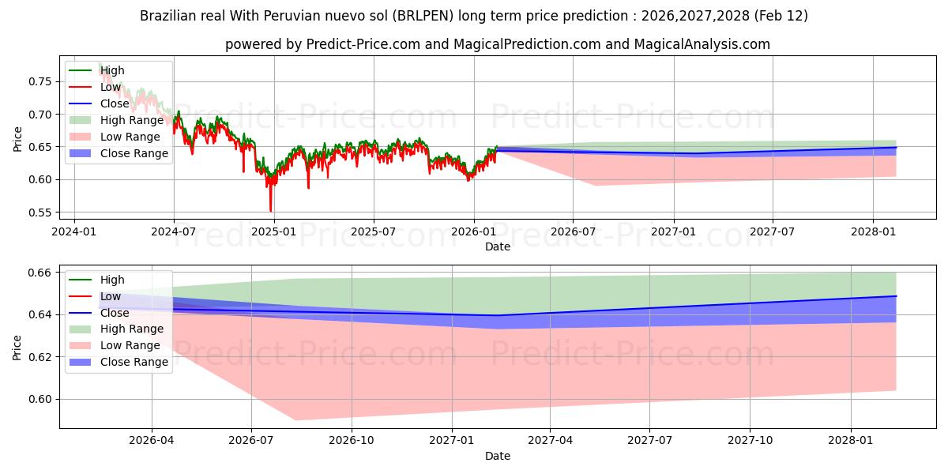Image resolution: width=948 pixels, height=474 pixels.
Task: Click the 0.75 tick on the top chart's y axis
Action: (41, 81)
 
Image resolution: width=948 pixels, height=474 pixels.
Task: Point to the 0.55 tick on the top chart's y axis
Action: (41, 213)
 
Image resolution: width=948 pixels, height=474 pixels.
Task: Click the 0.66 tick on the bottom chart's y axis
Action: (41, 273)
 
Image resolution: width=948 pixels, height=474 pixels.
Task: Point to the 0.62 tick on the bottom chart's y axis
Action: (41, 357)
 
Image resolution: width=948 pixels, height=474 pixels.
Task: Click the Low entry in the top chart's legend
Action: (111, 87)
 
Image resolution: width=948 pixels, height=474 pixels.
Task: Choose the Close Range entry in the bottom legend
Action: (134, 362)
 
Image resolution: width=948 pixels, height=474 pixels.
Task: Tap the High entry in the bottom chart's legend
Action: (112, 280)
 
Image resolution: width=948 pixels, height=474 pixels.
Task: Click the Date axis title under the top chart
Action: (498, 246)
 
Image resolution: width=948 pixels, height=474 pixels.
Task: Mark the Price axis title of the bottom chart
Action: (17, 347)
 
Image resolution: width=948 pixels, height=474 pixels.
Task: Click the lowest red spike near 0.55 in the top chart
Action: (271, 211)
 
